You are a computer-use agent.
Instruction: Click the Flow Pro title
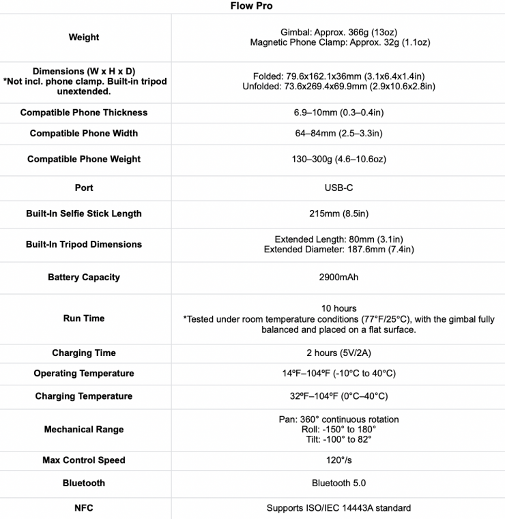pos(252,6)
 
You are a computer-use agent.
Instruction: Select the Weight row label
pos(84,38)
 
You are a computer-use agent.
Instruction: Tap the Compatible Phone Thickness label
pos(84,113)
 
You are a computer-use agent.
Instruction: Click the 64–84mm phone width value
pos(338,133)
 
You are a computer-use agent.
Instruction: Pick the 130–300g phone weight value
pos(338,159)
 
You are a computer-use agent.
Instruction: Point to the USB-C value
pos(338,188)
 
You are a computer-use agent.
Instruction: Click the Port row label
pos(84,188)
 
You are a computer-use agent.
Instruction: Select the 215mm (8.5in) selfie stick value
pos(338,213)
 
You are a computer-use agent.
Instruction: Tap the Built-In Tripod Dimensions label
pos(84,244)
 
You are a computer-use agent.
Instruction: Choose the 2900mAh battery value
pos(338,278)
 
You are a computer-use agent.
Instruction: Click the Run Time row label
pos(84,318)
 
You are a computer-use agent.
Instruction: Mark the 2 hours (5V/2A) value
pos(338,353)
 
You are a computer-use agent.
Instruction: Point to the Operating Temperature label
pos(84,373)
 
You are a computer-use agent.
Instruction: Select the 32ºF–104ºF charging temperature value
pos(338,396)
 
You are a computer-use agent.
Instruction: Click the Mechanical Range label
pos(84,430)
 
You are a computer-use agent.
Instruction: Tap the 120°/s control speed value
pos(338,460)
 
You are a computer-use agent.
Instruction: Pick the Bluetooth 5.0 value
pos(338,483)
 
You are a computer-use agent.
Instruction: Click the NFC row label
pos(84,507)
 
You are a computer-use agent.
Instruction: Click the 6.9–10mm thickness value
pos(338,113)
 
